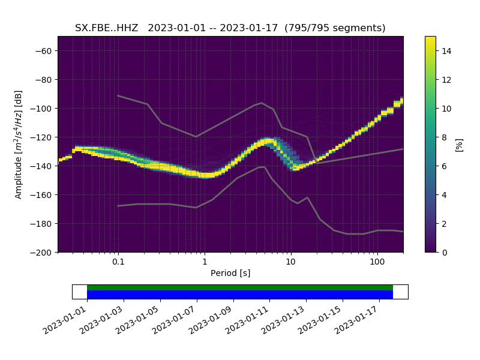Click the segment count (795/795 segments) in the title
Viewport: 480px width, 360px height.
coord(335,28)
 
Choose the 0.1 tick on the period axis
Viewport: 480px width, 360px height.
coord(118,262)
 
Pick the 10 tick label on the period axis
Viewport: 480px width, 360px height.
coord(290,262)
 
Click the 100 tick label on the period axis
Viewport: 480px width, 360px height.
coord(377,262)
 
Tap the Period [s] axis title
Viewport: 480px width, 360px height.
coord(230,274)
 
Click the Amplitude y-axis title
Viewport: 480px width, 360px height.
coord(19,144)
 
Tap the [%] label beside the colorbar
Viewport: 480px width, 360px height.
coord(459,144)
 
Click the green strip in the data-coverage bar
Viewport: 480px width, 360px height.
coord(240,287)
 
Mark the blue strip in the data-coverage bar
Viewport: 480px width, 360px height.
coord(240,295)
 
